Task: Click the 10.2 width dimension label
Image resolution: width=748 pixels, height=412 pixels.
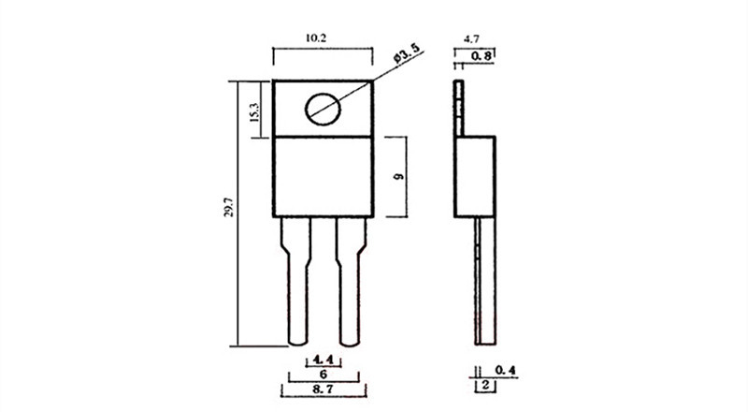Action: click(316, 38)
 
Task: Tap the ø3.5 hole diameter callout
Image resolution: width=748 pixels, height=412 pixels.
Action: click(407, 54)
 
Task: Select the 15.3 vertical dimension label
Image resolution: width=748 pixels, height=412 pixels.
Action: click(254, 112)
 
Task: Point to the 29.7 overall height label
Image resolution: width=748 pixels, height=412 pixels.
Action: click(228, 207)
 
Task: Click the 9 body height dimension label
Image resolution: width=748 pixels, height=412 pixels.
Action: click(399, 176)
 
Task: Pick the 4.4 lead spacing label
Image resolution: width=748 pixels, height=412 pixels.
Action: click(323, 360)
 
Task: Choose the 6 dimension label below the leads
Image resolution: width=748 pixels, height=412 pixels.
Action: click(323, 374)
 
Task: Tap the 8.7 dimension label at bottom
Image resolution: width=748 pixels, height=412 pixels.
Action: click(324, 389)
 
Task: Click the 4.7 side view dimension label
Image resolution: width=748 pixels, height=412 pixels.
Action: click(471, 39)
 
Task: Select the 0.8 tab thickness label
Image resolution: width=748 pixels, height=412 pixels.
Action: click(482, 56)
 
